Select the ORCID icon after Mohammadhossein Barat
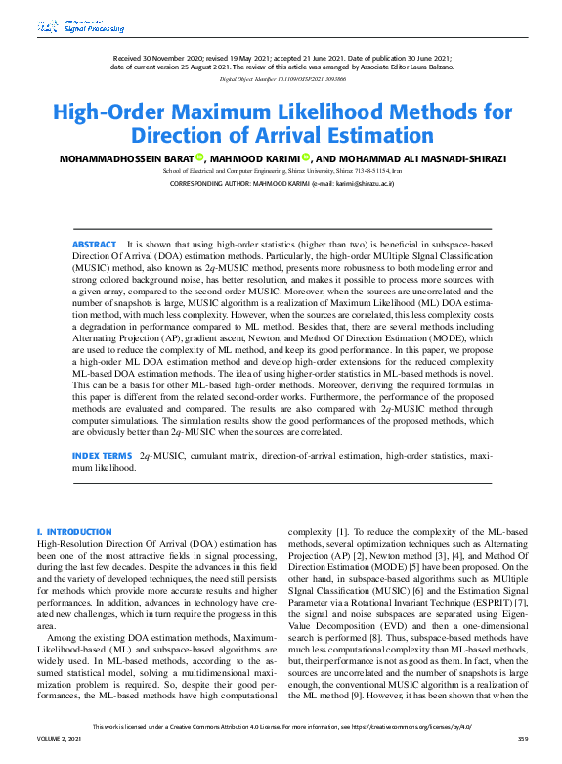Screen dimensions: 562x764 [198, 157]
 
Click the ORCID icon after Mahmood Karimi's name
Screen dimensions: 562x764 [305, 157]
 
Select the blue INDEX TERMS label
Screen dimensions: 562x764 [102, 457]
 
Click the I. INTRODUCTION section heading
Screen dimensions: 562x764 [73, 531]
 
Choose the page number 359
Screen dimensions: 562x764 [523, 752]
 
